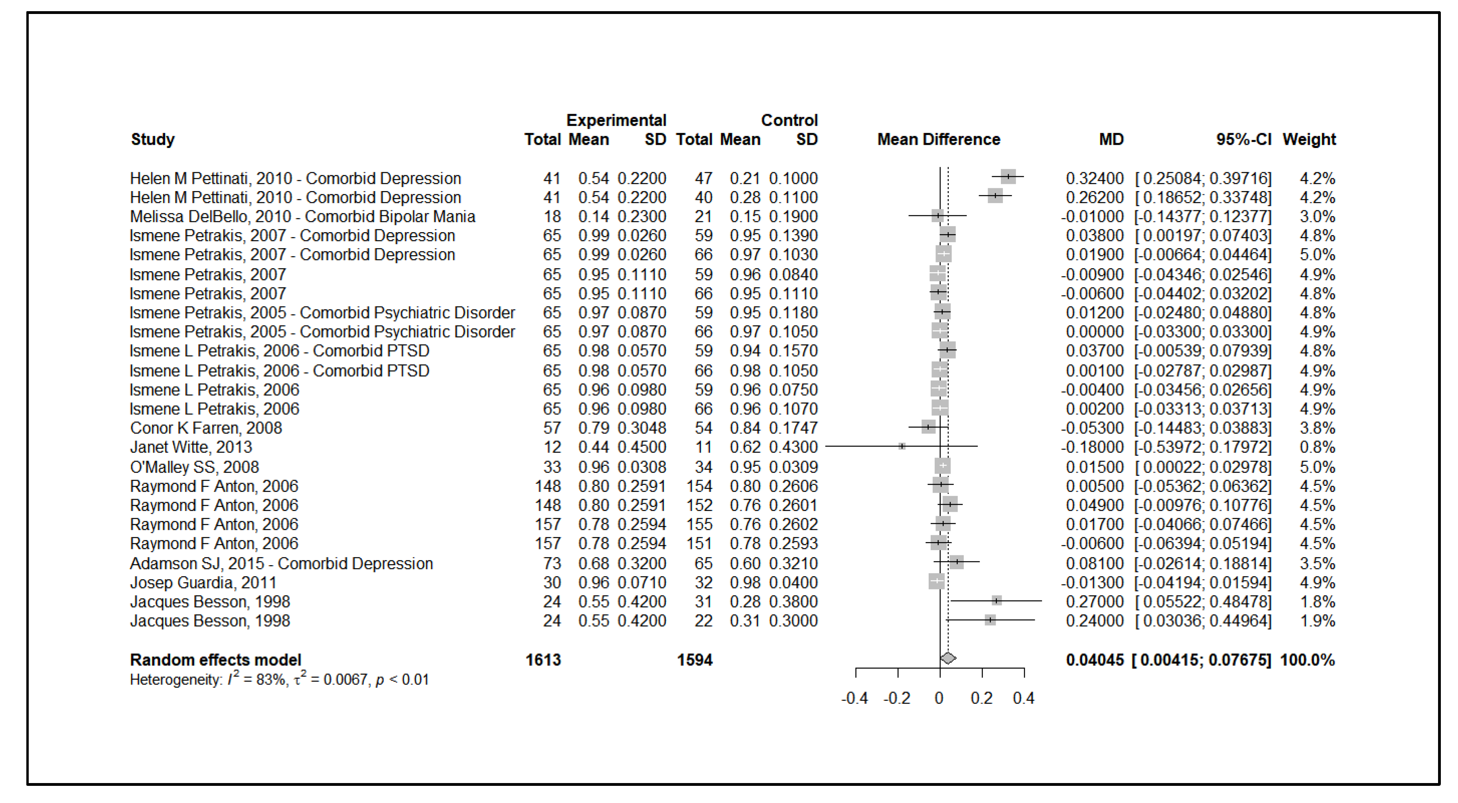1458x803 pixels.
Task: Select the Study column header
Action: click(153, 139)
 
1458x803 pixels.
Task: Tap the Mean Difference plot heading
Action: click(938, 139)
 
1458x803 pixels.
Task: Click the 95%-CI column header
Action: click(1243, 139)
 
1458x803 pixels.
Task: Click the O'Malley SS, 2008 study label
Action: click(194, 467)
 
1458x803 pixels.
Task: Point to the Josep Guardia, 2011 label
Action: click(203, 582)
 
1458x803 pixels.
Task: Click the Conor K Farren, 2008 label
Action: click(205, 428)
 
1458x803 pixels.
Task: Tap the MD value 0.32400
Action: click(1094, 178)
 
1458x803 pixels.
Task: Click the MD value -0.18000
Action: click(1092, 447)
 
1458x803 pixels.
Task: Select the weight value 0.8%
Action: click(1317, 447)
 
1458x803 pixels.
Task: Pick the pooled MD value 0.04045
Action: click(1094, 660)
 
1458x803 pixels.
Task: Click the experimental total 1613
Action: click(543, 660)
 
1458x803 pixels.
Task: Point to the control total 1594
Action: click(694, 660)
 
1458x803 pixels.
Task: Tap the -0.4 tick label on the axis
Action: click(854, 698)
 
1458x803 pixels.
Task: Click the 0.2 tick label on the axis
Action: click(981, 698)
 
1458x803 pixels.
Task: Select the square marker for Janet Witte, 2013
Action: click(902, 446)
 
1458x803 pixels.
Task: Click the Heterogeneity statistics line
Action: click(279, 679)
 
